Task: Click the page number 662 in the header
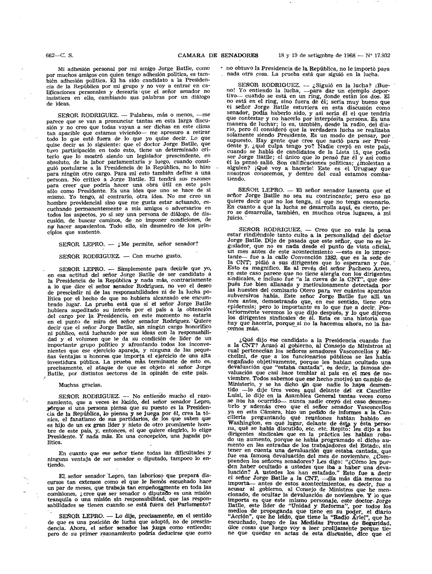(x=50, y=55)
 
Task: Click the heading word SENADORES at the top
(x=240, y=55)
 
